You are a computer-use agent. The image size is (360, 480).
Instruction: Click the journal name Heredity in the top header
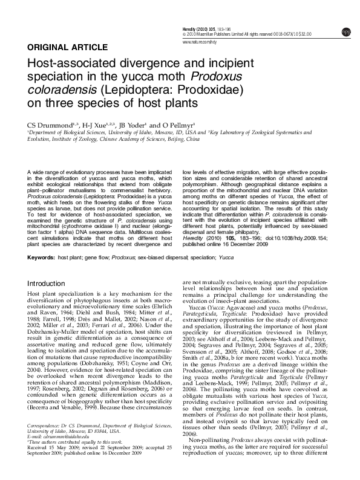192,30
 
